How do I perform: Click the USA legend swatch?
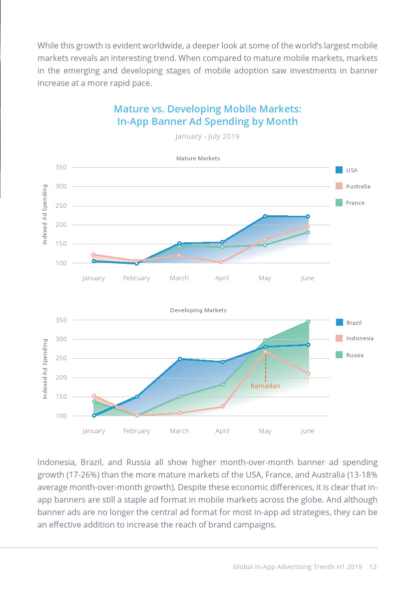[x=339, y=170]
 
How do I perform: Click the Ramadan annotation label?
[x=265, y=386]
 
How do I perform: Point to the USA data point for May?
[x=265, y=216]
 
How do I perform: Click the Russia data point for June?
[x=308, y=322]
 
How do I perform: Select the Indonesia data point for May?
[x=265, y=351]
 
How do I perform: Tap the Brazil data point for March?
[x=179, y=359]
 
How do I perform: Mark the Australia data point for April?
[x=222, y=262]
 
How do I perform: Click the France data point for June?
[x=308, y=232]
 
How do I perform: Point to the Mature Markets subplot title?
[x=198, y=158]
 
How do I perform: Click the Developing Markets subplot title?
[x=198, y=310]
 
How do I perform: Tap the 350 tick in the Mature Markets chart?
[x=61, y=167]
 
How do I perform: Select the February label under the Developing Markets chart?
[x=136, y=431]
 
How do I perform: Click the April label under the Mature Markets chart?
[x=222, y=278]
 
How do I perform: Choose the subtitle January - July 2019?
[x=207, y=136]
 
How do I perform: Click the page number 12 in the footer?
[x=373, y=567]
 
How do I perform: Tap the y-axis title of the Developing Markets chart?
[x=45, y=368]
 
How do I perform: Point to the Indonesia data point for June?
[x=308, y=374]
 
